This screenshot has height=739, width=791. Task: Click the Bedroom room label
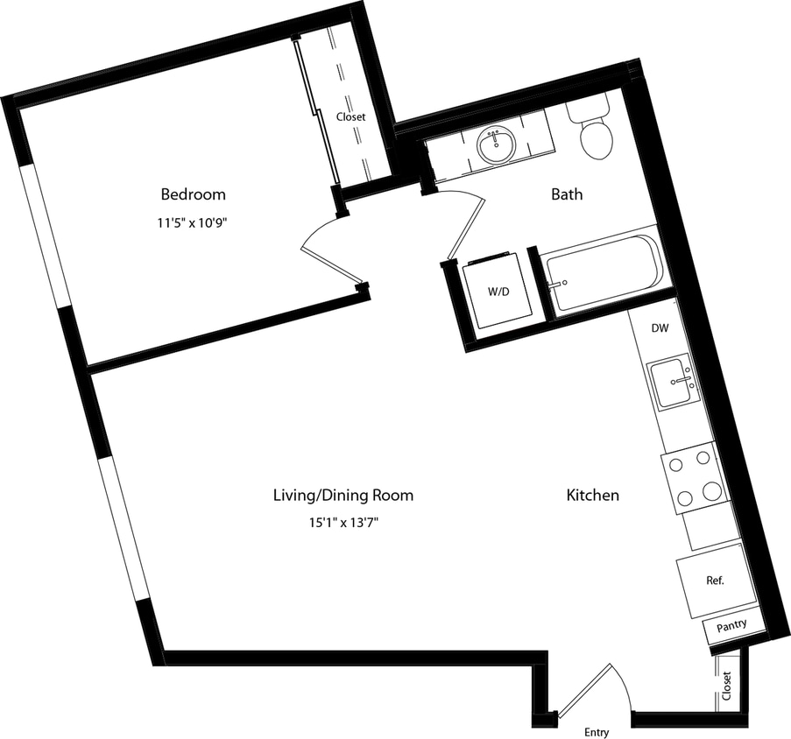click(x=192, y=194)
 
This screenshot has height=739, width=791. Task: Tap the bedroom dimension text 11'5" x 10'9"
click(x=192, y=222)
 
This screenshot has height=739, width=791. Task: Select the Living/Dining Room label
click(x=343, y=495)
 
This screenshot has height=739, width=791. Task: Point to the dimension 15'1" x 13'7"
click(x=343, y=524)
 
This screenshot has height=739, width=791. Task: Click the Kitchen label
click(x=592, y=495)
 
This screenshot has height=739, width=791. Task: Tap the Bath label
click(x=567, y=194)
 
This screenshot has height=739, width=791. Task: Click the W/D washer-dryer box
click(x=497, y=292)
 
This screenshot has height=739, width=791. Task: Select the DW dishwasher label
click(x=660, y=328)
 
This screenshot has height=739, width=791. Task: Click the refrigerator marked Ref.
click(x=716, y=580)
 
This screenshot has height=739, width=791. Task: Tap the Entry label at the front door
click(x=596, y=732)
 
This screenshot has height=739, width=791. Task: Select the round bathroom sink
click(x=498, y=146)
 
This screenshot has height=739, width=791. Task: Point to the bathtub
click(x=603, y=271)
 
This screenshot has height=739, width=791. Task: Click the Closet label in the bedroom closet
click(x=350, y=116)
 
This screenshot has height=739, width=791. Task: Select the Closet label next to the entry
click(x=727, y=685)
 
